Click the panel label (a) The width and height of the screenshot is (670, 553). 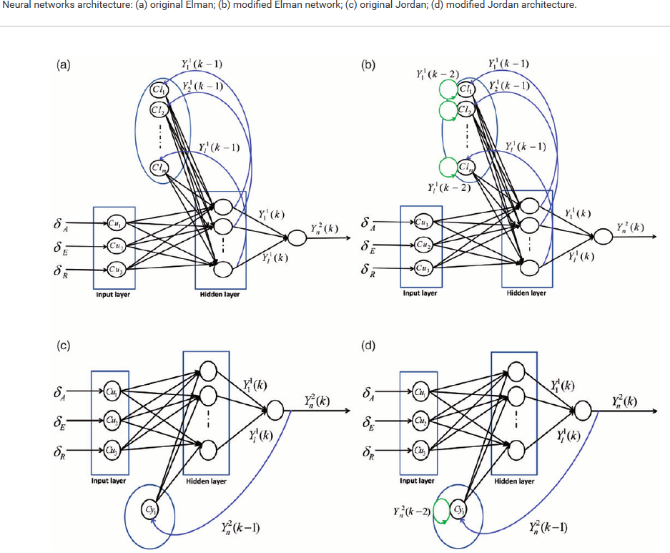(x=64, y=65)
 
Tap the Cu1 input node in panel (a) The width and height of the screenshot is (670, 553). (x=114, y=221)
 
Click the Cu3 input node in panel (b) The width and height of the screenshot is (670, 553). (x=422, y=269)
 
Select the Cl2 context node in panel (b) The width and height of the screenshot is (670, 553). (x=465, y=109)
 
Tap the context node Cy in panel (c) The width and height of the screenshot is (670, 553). (x=149, y=509)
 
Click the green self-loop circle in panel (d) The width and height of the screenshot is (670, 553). (x=440, y=511)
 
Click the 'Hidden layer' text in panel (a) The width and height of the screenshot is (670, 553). (x=220, y=295)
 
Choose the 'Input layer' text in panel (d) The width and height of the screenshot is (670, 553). (x=417, y=481)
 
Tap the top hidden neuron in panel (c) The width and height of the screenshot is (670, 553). (x=208, y=371)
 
